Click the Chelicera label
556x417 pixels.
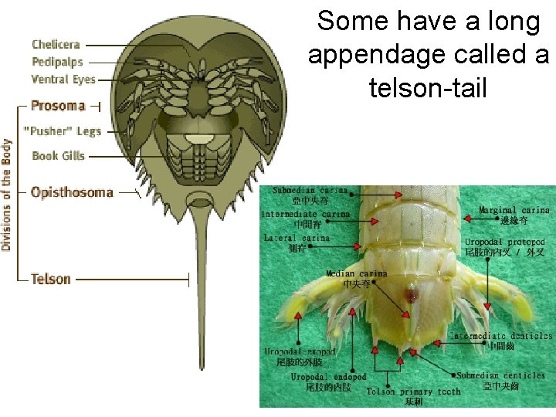(x=56, y=45)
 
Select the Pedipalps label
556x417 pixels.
(x=57, y=62)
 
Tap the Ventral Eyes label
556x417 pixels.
(x=63, y=79)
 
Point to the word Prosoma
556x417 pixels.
(x=58, y=105)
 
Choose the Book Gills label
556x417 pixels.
(x=58, y=156)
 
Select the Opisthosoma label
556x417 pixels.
(x=71, y=192)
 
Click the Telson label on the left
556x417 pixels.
(x=51, y=279)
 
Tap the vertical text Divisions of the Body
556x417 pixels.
(x=7, y=195)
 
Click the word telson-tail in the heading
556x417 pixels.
(x=428, y=88)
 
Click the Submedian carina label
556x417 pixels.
(x=309, y=190)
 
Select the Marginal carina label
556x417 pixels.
(x=514, y=210)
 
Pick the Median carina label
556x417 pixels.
(x=356, y=273)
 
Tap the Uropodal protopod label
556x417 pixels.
(x=505, y=242)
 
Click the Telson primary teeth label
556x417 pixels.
(x=413, y=392)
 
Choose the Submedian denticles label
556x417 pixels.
(x=501, y=375)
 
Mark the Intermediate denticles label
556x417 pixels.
(x=502, y=336)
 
